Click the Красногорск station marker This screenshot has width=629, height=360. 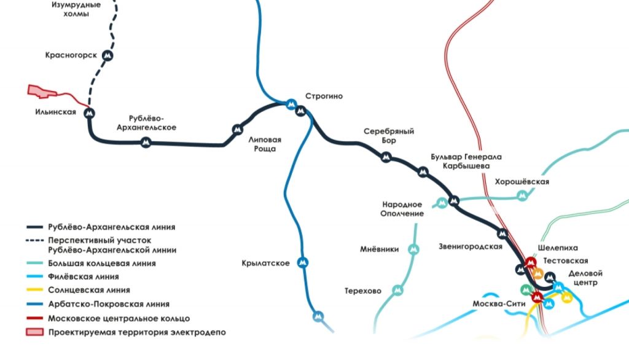(108, 55)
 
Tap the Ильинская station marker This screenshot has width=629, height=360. (90, 113)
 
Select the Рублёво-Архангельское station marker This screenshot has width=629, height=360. (146, 143)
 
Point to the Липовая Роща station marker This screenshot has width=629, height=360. (237, 129)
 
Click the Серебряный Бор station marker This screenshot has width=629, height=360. (386, 157)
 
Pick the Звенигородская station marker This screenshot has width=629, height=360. (502, 233)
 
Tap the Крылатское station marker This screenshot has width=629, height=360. (302, 263)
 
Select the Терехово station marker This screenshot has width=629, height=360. (400, 290)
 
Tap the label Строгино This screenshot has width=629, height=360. (324, 96)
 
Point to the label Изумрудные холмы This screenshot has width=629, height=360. (76, 9)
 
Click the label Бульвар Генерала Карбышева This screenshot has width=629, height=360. (466, 161)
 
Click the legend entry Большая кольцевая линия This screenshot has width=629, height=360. (101, 263)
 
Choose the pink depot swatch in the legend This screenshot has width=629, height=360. (36, 332)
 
